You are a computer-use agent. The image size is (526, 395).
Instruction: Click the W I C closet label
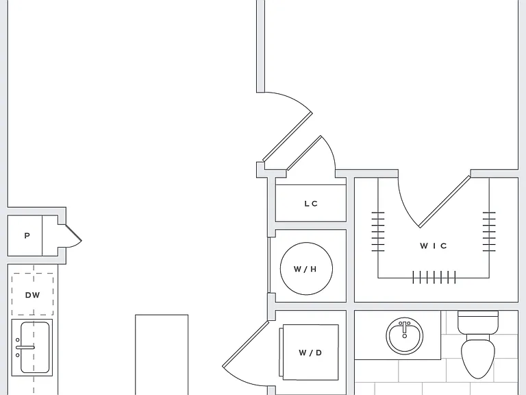coord(433,246)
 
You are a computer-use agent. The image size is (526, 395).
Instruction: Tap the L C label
coord(311,204)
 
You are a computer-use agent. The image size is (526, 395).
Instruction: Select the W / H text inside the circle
coord(305,269)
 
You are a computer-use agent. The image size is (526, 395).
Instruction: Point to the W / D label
coord(310,352)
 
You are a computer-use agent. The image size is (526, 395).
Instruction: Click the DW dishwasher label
coord(33,295)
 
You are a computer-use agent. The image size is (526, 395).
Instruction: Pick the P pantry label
coord(27,235)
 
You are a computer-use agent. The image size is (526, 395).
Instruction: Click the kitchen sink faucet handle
coord(25,347)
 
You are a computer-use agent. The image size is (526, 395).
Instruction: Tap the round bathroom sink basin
coord(405,336)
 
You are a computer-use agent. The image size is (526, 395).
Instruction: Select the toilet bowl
coord(478,359)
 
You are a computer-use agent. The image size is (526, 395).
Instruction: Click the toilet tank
coord(478,322)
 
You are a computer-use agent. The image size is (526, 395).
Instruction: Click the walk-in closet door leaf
coord(444,202)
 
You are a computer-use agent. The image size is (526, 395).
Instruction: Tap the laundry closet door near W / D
coord(246,344)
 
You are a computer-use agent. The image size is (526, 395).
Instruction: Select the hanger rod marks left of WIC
coord(378,232)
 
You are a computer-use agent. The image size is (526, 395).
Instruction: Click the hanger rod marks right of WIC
coord(489,232)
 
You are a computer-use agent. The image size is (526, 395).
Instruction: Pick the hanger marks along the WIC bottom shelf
coord(434,278)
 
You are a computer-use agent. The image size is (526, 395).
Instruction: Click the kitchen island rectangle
coord(162,355)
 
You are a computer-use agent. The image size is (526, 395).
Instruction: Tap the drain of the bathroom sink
coord(405,336)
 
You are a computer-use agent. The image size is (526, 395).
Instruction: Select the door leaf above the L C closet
coord(304,153)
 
